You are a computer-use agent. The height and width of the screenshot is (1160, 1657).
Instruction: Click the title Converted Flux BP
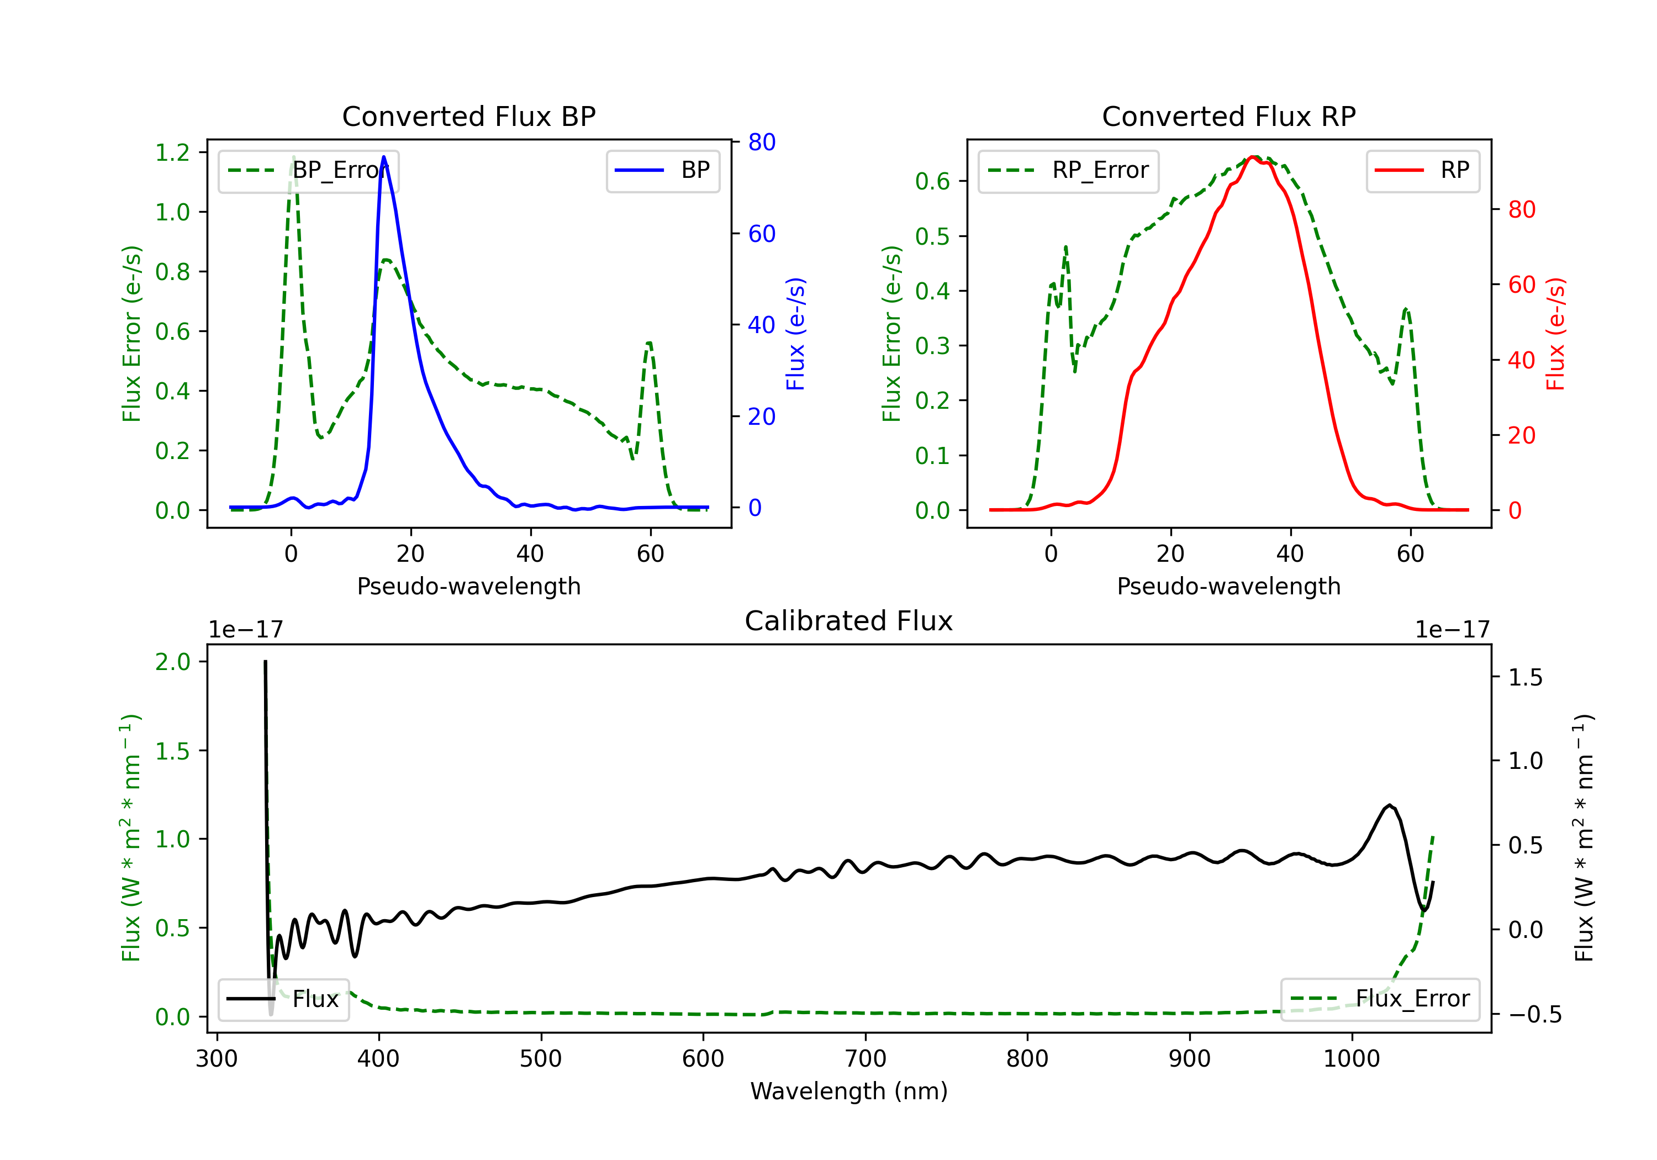[x=469, y=116]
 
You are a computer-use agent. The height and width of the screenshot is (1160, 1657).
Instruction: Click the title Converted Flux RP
[x=1229, y=116]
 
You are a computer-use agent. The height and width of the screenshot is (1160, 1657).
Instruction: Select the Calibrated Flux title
[x=849, y=621]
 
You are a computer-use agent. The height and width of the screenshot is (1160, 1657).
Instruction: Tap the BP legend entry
[x=663, y=170]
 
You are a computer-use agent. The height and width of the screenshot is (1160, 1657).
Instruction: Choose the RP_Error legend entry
[x=1068, y=170]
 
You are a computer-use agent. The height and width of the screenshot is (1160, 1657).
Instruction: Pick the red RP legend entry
[x=1422, y=170]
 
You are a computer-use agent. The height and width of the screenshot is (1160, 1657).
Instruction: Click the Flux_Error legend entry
[x=1380, y=999]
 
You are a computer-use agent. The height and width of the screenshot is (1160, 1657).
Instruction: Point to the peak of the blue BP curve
[x=383, y=157]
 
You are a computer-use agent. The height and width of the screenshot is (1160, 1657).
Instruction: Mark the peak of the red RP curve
[x=1254, y=157]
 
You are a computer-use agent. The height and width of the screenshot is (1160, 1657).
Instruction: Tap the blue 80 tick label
[x=762, y=142]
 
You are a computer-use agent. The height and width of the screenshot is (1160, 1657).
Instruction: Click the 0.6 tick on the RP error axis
[x=932, y=181]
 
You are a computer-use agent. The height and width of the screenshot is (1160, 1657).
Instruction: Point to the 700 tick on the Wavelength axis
[x=866, y=1059]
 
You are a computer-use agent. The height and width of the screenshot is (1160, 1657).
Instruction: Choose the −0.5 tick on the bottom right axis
[x=1525, y=1014]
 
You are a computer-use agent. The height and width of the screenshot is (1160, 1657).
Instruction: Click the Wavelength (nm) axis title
[x=849, y=1091]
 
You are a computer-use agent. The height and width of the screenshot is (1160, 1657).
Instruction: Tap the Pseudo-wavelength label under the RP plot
[x=1229, y=586]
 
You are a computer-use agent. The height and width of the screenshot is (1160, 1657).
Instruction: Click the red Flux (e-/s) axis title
[x=1556, y=334]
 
